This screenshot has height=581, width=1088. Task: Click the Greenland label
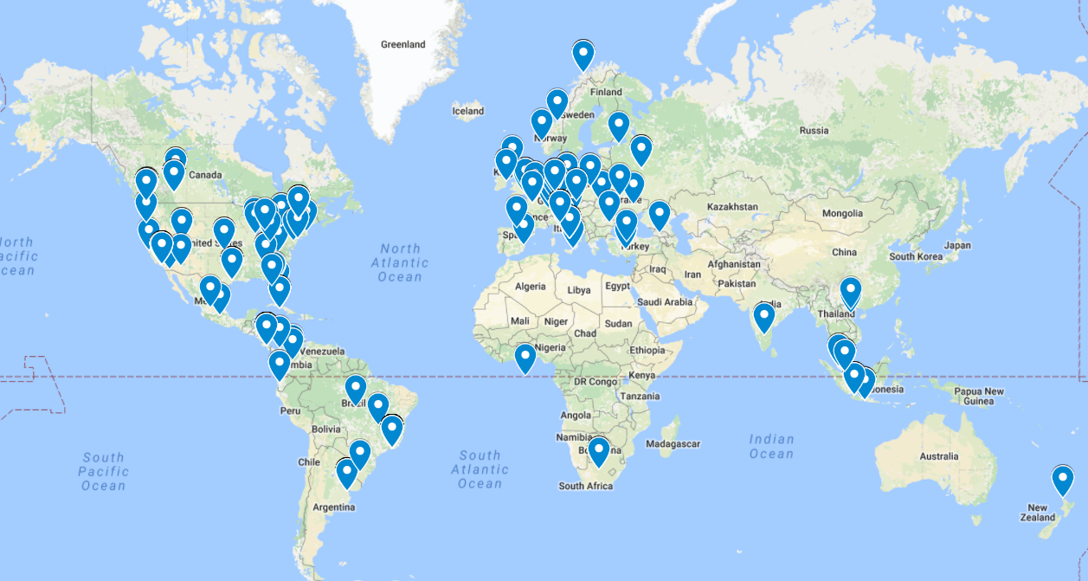click(403, 44)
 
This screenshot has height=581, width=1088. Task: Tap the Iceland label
click(468, 111)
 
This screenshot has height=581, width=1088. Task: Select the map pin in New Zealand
click(1062, 480)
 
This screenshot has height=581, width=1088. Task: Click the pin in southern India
click(763, 317)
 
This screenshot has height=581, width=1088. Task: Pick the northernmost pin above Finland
click(583, 55)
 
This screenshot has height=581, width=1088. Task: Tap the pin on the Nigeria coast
click(525, 358)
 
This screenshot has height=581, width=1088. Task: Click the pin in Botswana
click(598, 451)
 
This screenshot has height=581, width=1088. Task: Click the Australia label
click(939, 456)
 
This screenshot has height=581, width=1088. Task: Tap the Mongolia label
click(843, 213)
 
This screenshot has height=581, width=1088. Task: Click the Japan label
click(957, 245)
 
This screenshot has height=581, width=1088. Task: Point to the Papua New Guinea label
click(979, 397)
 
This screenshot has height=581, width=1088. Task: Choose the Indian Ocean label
click(770, 447)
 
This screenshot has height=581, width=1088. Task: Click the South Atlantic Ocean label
click(480, 469)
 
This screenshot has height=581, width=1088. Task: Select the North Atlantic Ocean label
click(400, 262)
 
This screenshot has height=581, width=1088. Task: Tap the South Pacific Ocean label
click(104, 471)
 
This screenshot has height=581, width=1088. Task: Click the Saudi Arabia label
click(665, 302)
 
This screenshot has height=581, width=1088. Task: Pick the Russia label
click(814, 131)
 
